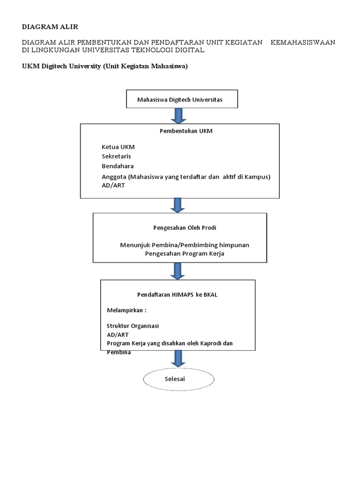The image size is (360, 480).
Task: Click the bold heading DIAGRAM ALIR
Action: pyautogui.click(x=50, y=27)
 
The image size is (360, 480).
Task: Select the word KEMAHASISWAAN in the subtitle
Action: pyautogui.click(x=303, y=42)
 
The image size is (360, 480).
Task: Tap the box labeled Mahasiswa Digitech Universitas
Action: pyautogui.click(x=182, y=99)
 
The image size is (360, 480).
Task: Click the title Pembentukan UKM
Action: pyautogui.click(x=186, y=131)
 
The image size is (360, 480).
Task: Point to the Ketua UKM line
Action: pyautogui.click(x=118, y=147)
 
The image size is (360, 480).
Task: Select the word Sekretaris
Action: pyautogui.click(x=116, y=157)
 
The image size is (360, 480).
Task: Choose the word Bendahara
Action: pyautogui.click(x=118, y=166)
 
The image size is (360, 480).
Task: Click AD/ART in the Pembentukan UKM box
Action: pyautogui.click(x=113, y=185)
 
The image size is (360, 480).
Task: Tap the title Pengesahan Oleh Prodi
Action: pyautogui.click(x=185, y=228)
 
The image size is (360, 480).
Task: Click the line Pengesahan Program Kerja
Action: pyautogui.click(x=185, y=254)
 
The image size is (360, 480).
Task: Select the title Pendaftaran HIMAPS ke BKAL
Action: pyautogui.click(x=177, y=295)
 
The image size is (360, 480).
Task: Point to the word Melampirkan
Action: pyautogui.click(x=125, y=310)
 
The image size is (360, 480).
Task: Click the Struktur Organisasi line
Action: pyautogui.click(x=133, y=326)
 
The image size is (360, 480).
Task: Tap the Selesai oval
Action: pyautogui.click(x=179, y=379)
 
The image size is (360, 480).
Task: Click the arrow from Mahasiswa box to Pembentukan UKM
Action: pyautogui.click(x=179, y=116)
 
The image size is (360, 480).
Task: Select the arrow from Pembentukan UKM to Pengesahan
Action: pyautogui.click(x=178, y=205)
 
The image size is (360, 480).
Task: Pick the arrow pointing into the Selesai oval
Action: pyautogui.click(x=178, y=359)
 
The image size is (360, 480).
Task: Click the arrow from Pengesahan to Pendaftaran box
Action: pyautogui.click(x=178, y=271)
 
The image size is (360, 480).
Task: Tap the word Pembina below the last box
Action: pyautogui.click(x=119, y=352)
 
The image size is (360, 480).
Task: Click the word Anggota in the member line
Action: pyautogui.click(x=114, y=177)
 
